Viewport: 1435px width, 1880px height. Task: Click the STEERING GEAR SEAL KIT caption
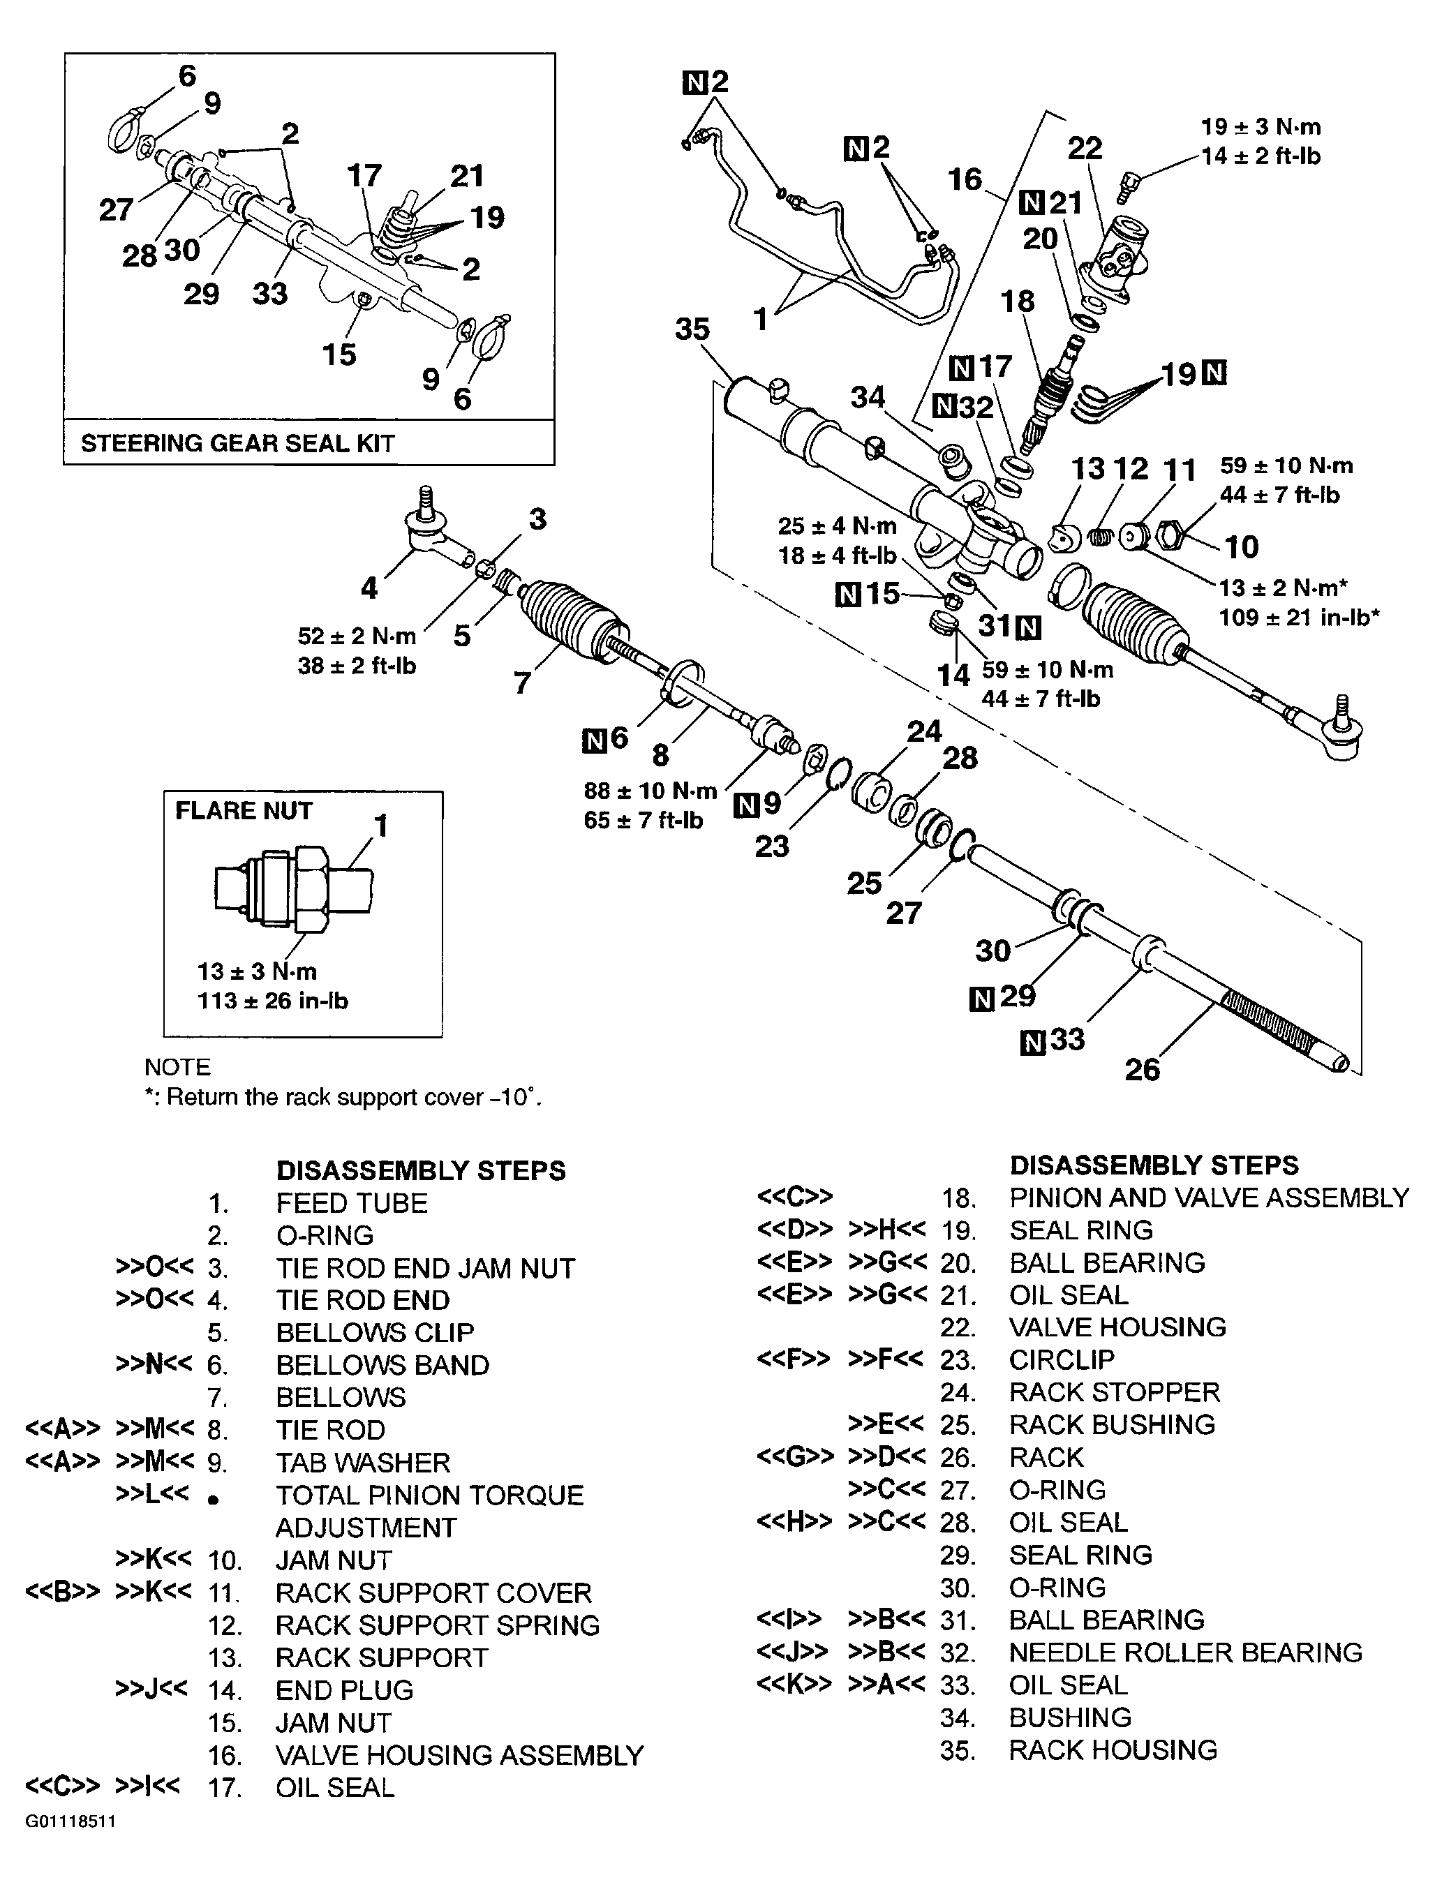click(237, 443)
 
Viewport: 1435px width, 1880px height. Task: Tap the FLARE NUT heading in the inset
click(244, 811)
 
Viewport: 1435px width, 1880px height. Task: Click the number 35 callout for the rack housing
click(692, 329)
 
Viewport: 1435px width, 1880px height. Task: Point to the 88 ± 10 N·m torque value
click(650, 791)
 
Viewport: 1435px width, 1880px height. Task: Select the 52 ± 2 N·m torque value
click(356, 636)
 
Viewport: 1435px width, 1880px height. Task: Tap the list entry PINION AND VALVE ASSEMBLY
click(1207, 1198)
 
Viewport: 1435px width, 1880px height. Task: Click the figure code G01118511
click(70, 1845)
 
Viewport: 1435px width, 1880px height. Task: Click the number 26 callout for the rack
click(1142, 1069)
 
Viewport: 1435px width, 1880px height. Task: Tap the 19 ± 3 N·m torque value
click(1260, 127)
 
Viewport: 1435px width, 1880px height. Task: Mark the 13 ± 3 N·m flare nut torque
click(256, 971)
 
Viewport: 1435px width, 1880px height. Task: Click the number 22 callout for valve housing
click(1085, 149)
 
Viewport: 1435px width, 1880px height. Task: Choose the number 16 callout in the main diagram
click(965, 179)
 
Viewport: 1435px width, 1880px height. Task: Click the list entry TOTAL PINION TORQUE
click(429, 1495)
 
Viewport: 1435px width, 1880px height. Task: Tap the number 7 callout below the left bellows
click(522, 682)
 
